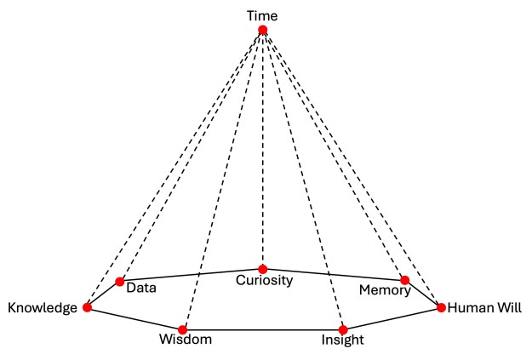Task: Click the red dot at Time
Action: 263,30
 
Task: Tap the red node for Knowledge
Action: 87,307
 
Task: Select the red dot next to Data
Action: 120,282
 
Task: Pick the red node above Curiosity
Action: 263,269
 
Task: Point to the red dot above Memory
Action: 405,280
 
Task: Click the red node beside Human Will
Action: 441,307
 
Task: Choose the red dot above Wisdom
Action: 182,329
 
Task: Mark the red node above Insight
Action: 343,329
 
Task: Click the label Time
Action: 262,15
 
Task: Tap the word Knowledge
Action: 42,308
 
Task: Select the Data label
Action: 141,288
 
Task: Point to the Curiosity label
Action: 264,280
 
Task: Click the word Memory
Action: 385,290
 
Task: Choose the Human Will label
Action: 484,307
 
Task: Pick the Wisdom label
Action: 185,341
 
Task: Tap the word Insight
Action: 343,341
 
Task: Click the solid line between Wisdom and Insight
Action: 262,329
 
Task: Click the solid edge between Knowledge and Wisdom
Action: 134,318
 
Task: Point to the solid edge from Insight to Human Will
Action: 392,318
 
